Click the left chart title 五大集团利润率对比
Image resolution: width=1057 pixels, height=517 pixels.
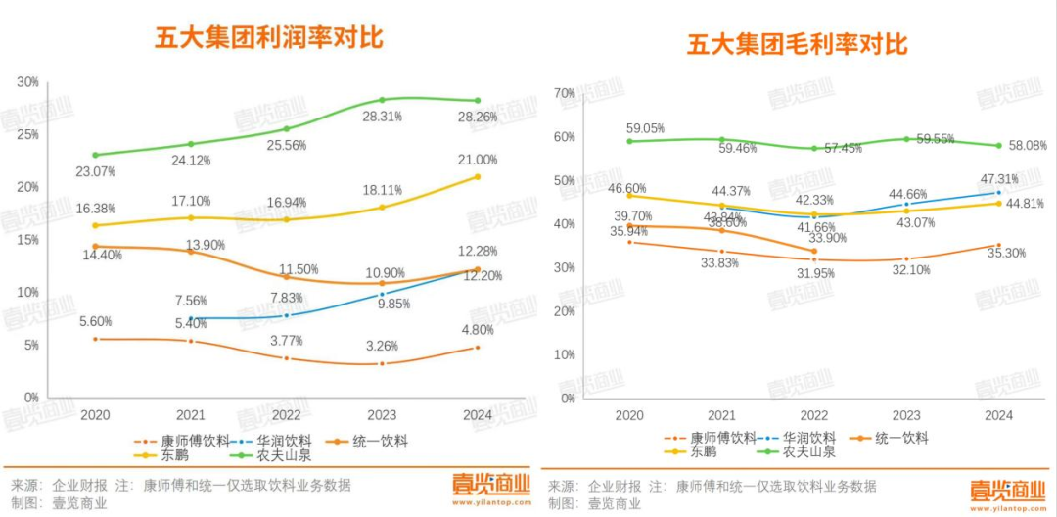(269, 37)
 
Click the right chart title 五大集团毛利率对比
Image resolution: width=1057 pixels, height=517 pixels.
(797, 44)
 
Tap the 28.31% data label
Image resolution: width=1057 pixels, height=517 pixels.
(382, 117)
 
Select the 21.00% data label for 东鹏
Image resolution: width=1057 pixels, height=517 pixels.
(478, 160)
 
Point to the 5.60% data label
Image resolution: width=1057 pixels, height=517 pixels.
(95, 321)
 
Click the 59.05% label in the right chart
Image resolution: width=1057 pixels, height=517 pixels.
(646, 128)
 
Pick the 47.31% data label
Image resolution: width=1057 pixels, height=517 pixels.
(998, 179)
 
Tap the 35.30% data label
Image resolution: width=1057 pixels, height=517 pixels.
(998, 253)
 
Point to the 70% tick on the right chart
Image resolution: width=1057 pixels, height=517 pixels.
(564, 93)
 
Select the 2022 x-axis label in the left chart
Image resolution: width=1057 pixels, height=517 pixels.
(287, 415)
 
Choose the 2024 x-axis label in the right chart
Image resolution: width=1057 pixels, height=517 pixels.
(998, 416)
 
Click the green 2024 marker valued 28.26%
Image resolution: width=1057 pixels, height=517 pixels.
(478, 101)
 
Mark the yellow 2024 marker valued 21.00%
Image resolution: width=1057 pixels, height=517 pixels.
(478, 176)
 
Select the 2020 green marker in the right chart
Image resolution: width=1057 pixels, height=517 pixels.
(629, 141)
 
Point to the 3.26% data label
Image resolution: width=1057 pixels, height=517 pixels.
(382, 346)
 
